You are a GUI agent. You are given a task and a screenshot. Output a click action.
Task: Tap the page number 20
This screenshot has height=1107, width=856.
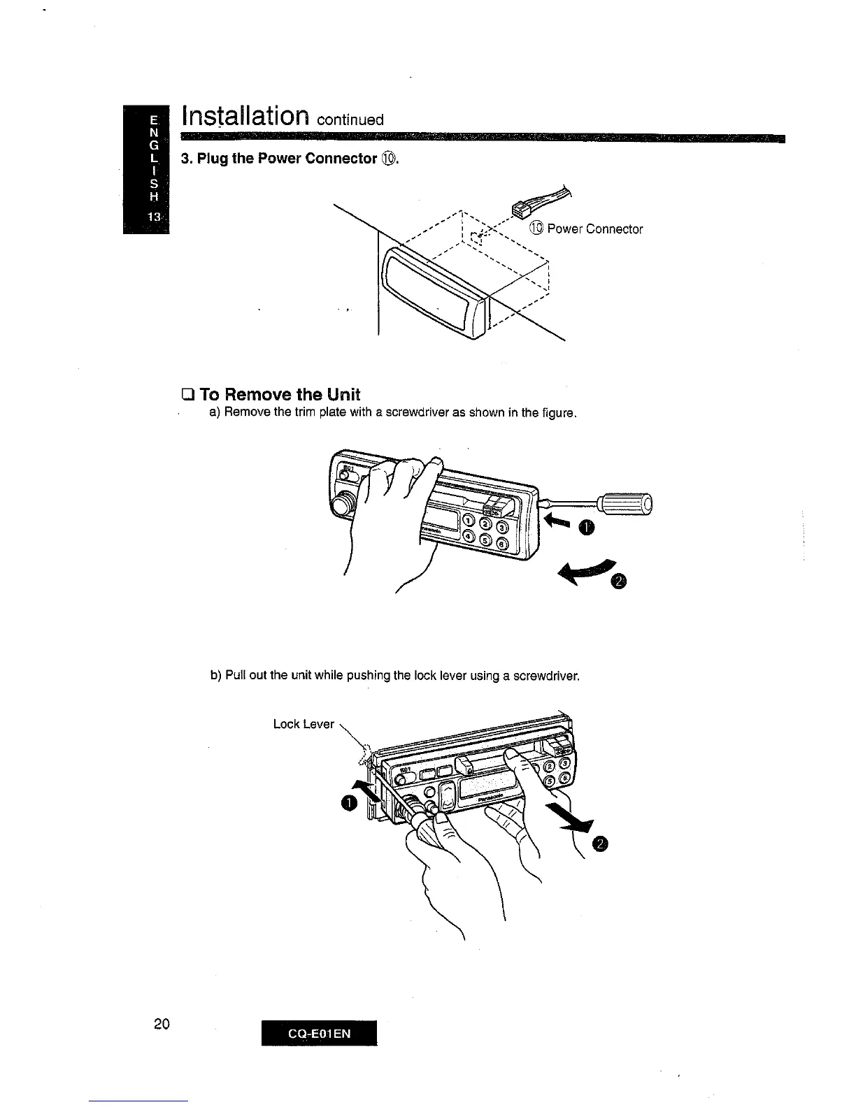click(162, 1025)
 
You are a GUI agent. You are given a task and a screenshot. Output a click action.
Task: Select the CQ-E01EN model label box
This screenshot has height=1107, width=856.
click(319, 1033)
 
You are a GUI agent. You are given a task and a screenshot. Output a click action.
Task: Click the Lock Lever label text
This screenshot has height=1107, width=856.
click(304, 724)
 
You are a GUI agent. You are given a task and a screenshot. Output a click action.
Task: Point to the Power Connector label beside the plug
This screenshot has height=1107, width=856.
click(594, 229)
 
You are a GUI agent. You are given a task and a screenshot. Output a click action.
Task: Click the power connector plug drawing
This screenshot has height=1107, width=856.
click(523, 208)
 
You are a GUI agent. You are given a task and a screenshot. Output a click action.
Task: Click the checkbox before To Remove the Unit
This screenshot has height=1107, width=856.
click(187, 396)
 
